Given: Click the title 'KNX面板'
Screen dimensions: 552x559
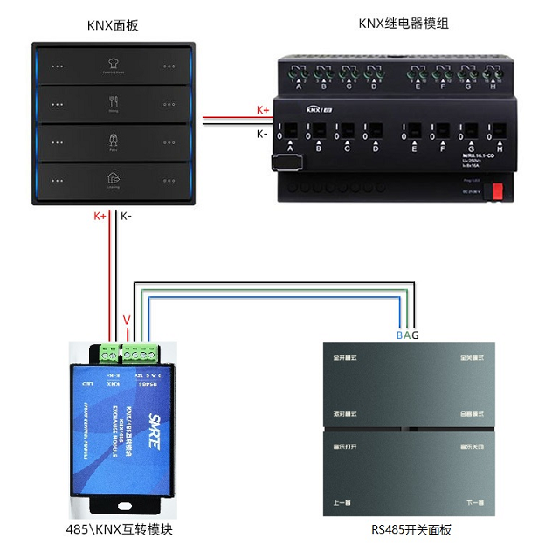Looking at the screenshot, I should pyautogui.click(x=113, y=25).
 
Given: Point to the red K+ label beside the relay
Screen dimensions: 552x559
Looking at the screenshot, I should pyautogui.click(x=263, y=110).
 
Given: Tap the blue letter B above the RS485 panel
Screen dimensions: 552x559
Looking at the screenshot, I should pyautogui.click(x=399, y=335).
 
